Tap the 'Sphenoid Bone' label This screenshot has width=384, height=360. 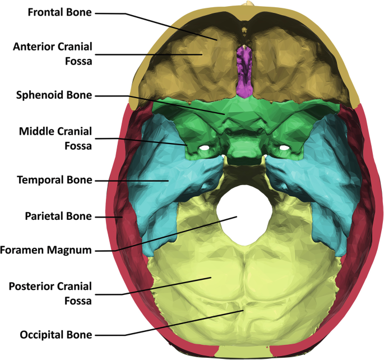coord(54,95)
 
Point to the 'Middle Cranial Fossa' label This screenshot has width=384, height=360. coord(55,138)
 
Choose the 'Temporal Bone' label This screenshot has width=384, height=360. coord(54,181)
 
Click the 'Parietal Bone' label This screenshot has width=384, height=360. coord(58,215)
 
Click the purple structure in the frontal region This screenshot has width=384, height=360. coord(244,70)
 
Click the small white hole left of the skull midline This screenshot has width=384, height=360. coord(206,148)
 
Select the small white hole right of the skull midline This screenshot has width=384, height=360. coord(285,147)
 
